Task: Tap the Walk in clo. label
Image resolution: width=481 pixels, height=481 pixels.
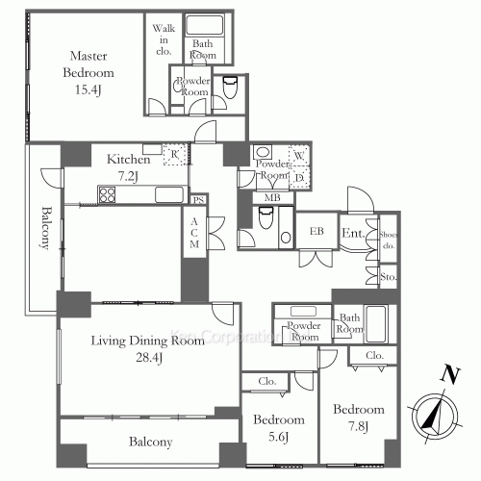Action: click(162, 39)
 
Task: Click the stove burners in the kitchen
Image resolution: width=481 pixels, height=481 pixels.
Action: click(106, 196)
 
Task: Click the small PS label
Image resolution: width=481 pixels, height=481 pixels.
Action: click(198, 200)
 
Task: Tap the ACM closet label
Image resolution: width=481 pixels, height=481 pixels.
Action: click(194, 234)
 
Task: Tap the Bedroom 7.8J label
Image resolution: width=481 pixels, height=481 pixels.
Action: click(358, 418)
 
